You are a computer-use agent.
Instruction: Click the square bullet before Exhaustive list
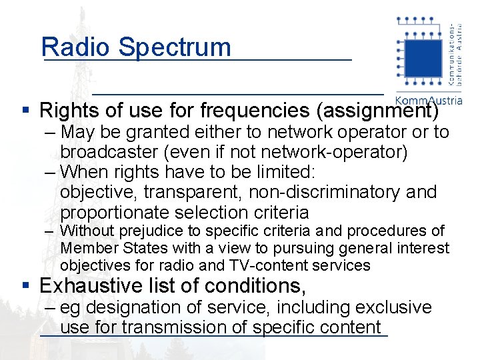(25, 286)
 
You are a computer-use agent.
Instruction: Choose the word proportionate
(114, 213)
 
